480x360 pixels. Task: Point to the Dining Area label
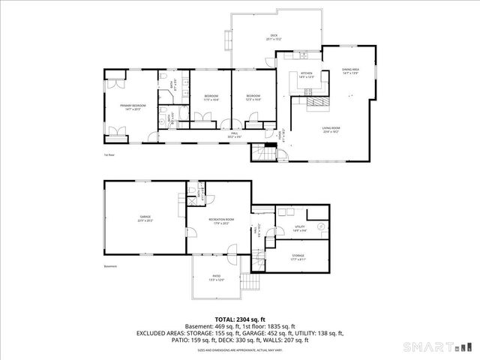coord(352,71)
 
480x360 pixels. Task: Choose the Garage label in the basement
coord(145,218)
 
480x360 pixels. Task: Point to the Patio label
coord(216,277)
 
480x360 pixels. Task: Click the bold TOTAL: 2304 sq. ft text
coord(240,319)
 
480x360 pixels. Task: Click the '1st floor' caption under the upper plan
coord(109,155)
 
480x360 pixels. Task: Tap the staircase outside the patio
coord(249,283)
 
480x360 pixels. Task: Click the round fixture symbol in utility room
coord(320,226)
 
